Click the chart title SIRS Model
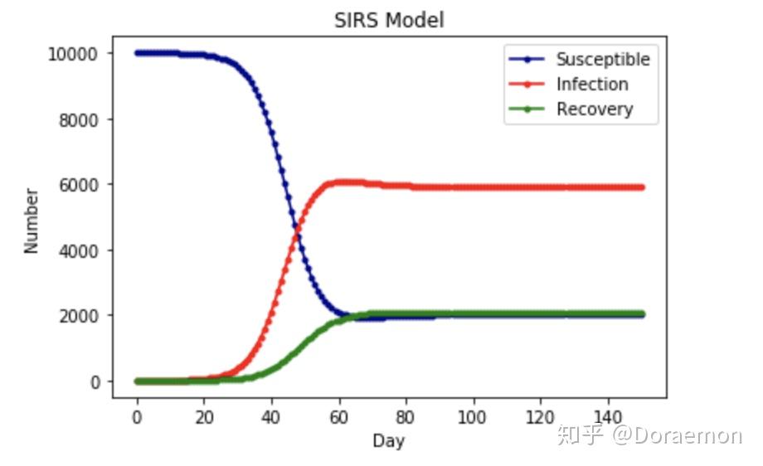389,21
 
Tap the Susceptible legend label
603,60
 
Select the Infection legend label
592,84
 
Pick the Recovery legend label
595,109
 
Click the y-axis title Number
32,221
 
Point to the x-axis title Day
388,440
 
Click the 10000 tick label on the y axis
73,54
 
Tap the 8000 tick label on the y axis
78,119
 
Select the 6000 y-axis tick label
78,185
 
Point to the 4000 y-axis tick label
78,251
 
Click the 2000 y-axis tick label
78,316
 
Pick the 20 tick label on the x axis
204,417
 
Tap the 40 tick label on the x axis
271,417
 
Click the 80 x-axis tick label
406,417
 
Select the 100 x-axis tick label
472,417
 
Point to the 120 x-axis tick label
540,417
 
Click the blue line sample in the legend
527,60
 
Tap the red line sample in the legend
527,84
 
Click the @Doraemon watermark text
677,434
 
